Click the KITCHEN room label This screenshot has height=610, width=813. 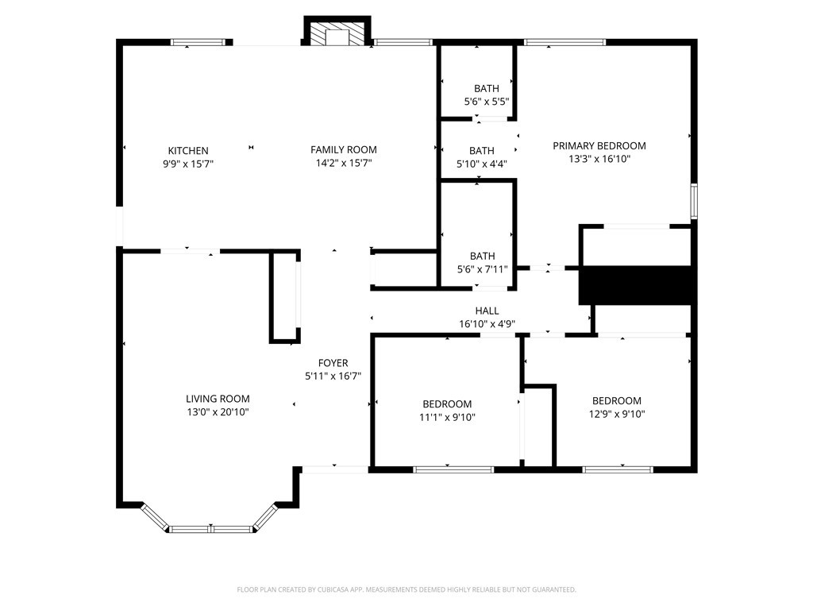pyautogui.click(x=188, y=151)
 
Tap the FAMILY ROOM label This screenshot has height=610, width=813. pyautogui.click(x=343, y=149)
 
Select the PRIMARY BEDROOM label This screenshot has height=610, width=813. pyautogui.click(x=599, y=145)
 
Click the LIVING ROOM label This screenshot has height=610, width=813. pyautogui.click(x=218, y=399)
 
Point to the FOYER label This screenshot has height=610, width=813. pyautogui.click(x=333, y=363)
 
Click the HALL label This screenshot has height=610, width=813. pyautogui.click(x=487, y=311)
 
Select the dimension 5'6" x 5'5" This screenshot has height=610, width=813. pyautogui.click(x=487, y=102)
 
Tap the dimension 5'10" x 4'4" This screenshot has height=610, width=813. pyautogui.click(x=482, y=164)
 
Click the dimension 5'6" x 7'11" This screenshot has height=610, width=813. pyautogui.click(x=482, y=269)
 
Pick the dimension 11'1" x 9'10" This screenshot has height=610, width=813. pyautogui.click(x=447, y=417)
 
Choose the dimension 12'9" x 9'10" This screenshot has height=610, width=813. pyautogui.click(x=616, y=414)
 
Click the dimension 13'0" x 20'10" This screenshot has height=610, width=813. pyautogui.click(x=218, y=412)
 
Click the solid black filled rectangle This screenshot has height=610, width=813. pyautogui.click(x=637, y=285)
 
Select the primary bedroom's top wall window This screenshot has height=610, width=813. pyautogui.click(x=564, y=42)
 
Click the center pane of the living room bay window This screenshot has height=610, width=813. pyautogui.click(x=211, y=528)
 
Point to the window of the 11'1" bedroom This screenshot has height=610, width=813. pyautogui.click(x=453, y=469)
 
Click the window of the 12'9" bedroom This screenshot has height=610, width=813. pyautogui.click(x=618, y=469)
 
